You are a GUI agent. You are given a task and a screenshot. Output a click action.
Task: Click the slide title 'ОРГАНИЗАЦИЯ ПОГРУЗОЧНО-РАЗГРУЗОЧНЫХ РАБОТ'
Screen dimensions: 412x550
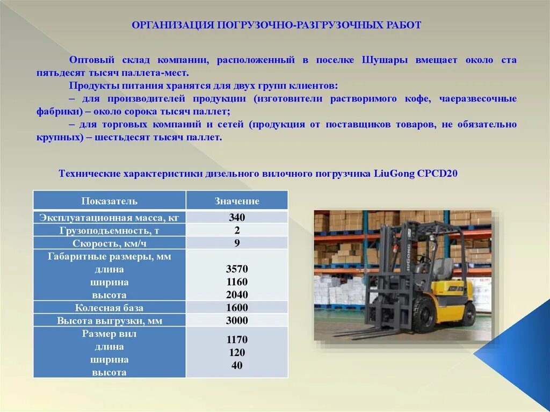276,26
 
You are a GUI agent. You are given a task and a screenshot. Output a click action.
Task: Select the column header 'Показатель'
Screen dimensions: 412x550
110,201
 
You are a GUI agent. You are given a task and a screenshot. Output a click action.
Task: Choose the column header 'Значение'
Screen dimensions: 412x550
237,201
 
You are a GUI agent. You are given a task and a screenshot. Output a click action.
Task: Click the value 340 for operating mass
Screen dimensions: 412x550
237,218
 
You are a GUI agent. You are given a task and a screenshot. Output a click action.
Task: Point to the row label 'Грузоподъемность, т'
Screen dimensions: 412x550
110,230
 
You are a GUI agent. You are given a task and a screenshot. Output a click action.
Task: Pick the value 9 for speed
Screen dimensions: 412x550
237,243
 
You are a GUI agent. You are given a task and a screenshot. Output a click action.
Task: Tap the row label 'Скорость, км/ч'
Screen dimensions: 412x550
110,243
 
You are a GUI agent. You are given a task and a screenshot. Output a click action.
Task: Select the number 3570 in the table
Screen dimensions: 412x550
237,269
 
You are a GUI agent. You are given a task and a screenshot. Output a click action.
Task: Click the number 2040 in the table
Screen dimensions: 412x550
237,295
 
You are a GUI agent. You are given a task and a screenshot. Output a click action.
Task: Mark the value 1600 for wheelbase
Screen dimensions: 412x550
237,308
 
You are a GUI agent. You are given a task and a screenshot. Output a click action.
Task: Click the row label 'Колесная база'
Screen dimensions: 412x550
110,308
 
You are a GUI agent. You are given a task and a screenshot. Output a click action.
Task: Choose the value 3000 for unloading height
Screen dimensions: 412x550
237,321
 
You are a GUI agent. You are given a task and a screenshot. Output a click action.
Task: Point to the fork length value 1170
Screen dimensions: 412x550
237,339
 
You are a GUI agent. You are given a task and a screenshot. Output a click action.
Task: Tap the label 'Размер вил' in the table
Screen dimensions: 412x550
110,334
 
